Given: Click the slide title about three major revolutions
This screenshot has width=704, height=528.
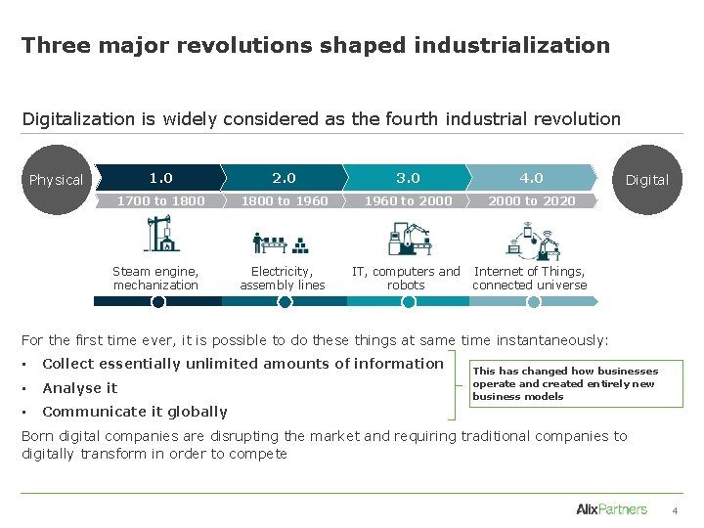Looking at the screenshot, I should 315,45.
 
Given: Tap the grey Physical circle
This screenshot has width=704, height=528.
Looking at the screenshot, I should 57,180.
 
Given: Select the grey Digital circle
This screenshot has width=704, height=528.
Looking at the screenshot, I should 646,180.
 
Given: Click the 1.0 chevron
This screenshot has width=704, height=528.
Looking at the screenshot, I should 160,178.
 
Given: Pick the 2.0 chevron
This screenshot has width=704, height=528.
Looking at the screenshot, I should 284,178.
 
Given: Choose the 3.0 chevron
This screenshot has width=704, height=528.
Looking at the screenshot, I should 407,178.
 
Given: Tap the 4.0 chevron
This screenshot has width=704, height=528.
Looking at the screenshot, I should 531,178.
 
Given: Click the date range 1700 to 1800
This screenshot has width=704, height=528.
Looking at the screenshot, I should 160,201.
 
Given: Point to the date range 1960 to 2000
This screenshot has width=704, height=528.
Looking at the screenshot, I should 407,201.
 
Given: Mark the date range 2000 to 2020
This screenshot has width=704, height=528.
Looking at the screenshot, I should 531,201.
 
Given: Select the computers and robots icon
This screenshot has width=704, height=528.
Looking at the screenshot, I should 407,239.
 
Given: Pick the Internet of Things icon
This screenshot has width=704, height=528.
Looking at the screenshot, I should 531,239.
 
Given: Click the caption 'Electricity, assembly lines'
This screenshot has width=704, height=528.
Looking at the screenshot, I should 282,279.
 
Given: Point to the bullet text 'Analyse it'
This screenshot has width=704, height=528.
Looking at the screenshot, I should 79,388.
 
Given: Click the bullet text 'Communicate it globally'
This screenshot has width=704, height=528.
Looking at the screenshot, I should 135,412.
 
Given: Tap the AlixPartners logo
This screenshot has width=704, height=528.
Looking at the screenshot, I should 611,508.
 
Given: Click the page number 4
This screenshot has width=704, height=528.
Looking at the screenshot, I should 674,510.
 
